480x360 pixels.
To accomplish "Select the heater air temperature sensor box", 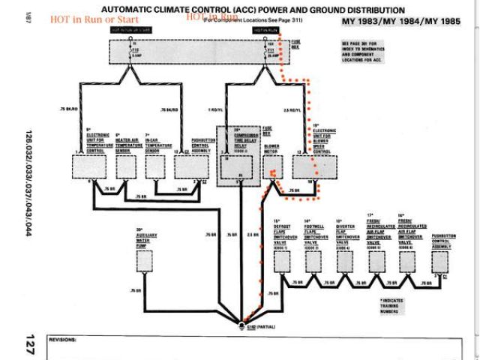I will coord(125,165).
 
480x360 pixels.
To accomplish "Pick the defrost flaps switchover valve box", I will coord(283,260).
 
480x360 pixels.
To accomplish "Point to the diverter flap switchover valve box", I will coord(342,260).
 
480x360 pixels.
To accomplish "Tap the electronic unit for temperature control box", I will coord(90,165).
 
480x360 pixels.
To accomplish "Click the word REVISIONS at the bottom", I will coord(63,340).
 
